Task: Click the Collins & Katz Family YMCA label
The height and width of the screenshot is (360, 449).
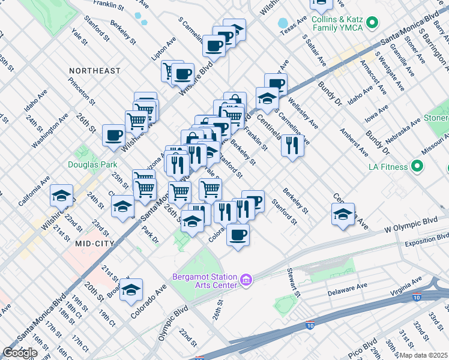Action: tap(339, 23)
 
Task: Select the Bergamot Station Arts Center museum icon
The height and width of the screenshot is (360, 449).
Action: tap(246, 280)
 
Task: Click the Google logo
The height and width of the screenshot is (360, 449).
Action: tap(20, 353)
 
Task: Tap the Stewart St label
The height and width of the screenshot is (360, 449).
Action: tap(294, 283)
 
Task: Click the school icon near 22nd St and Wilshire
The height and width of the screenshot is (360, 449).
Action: tap(61, 197)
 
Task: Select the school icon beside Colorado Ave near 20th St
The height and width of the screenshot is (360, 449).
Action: tap(131, 290)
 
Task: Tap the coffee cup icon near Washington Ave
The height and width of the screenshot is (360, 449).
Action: tap(113, 136)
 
